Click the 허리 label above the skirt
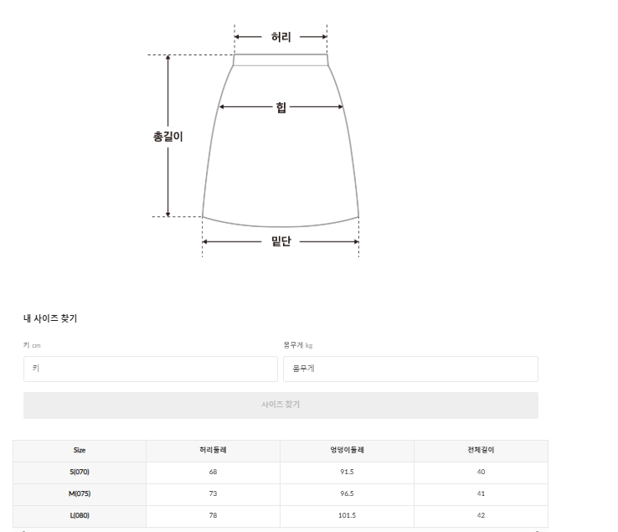281,37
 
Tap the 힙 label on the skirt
281,107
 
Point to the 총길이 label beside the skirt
168,137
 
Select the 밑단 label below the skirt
281,241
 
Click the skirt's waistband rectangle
281,60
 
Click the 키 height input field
151,369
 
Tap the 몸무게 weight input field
410,369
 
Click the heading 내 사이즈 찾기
50,318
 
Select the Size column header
80,450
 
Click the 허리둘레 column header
213,450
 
